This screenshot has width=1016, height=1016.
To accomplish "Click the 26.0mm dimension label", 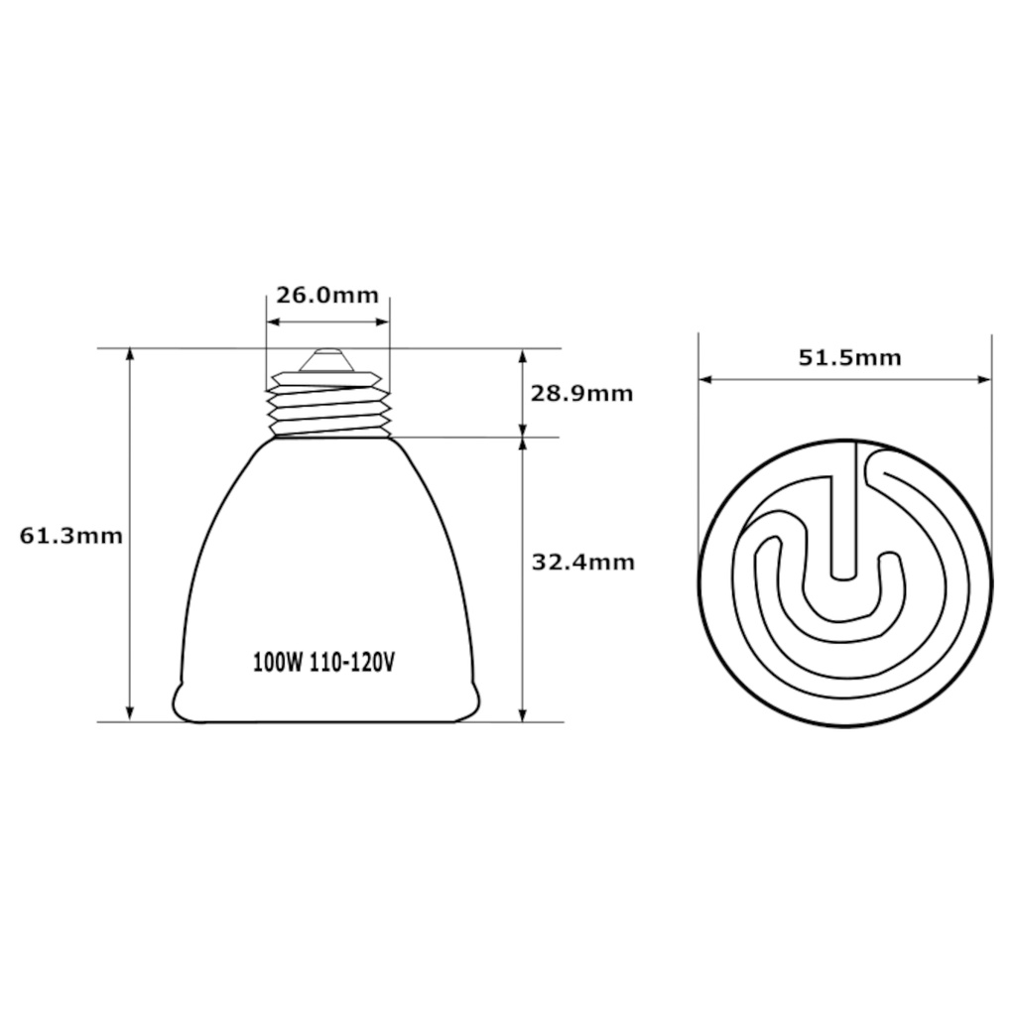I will (x=327, y=295).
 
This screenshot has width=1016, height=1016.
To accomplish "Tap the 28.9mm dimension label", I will (x=581, y=393).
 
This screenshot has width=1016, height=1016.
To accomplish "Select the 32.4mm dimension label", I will (x=583, y=563).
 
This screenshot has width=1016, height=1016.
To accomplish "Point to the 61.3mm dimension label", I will (x=71, y=536).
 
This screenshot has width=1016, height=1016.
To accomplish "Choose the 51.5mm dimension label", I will (x=850, y=357).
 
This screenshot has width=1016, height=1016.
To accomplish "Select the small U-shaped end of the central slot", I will (x=842, y=571).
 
